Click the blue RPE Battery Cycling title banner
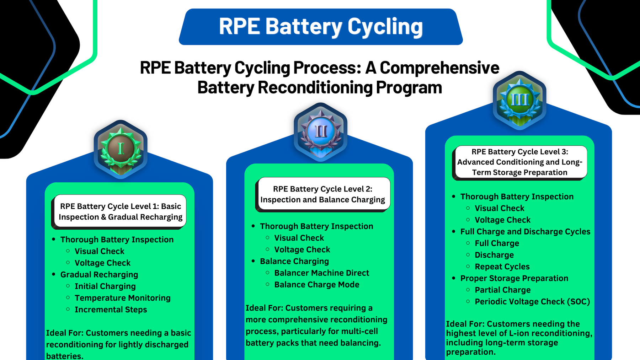click(321, 27)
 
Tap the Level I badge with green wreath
click(121, 149)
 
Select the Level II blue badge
click(320, 132)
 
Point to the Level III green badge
click(519, 100)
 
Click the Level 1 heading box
click(121, 211)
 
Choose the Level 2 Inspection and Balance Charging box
click(323, 194)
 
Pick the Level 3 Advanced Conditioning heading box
click(519, 162)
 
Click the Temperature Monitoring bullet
click(122, 298)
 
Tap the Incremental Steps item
click(111, 310)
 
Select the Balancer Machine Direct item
click(321, 273)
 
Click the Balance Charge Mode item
click(316, 285)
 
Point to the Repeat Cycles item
click(502, 267)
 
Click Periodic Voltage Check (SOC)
click(532, 302)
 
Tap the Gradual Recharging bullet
click(99, 275)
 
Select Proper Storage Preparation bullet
click(514, 278)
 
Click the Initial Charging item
click(105, 286)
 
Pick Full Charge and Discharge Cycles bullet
click(525, 232)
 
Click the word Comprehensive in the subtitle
click(439, 68)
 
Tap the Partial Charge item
click(502, 290)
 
